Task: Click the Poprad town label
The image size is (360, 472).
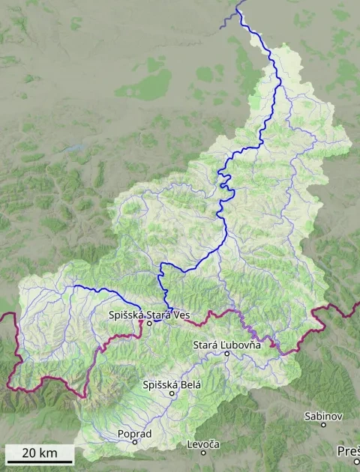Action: click(135, 434)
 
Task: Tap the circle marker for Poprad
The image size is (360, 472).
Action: click(135, 442)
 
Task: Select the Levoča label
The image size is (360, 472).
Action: click(202, 444)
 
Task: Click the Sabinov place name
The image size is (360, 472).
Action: click(324, 416)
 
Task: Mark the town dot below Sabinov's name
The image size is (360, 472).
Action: click(324, 425)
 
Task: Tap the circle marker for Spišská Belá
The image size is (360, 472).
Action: click(172, 393)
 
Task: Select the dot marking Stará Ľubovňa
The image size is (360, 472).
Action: click(226, 353)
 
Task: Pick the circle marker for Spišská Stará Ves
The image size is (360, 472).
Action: click(148, 324)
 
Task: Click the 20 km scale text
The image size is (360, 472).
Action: click(40, 453)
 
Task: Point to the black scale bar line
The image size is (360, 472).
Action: click(40, 462)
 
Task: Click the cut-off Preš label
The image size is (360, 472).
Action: click(349, 451)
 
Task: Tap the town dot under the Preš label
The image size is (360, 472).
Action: click(356, 461)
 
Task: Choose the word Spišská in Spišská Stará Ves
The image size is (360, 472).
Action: click(124, 315)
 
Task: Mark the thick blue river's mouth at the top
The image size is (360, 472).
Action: click(238, 10)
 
